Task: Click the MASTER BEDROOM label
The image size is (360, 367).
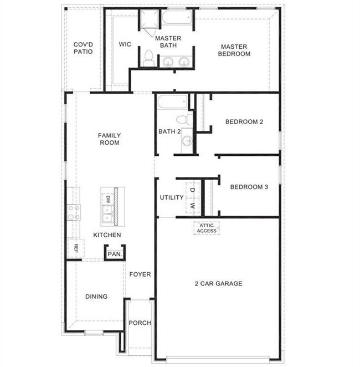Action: point(235,50)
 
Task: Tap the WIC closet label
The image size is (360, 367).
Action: point(125,44)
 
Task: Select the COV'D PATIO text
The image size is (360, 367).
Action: point(83,48)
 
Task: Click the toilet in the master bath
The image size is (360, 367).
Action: point(148,59)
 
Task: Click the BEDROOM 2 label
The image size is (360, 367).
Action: point(244,122)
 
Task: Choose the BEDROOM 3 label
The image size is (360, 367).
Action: point(249,187)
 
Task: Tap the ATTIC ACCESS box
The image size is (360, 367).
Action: point(207,228)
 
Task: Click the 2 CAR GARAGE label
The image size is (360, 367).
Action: point(218,284)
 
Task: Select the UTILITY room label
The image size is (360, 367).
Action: point(172,198)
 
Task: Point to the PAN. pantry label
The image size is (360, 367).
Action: point(115,253)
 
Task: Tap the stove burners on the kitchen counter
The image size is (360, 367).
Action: point(74,212)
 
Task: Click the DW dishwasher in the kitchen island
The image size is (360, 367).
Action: point(109,198)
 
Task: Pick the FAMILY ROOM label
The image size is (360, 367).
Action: point(109,139)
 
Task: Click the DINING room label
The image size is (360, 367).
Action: point(96,297)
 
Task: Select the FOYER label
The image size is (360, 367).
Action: point(140,274)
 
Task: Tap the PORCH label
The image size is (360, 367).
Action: point(140,323)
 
